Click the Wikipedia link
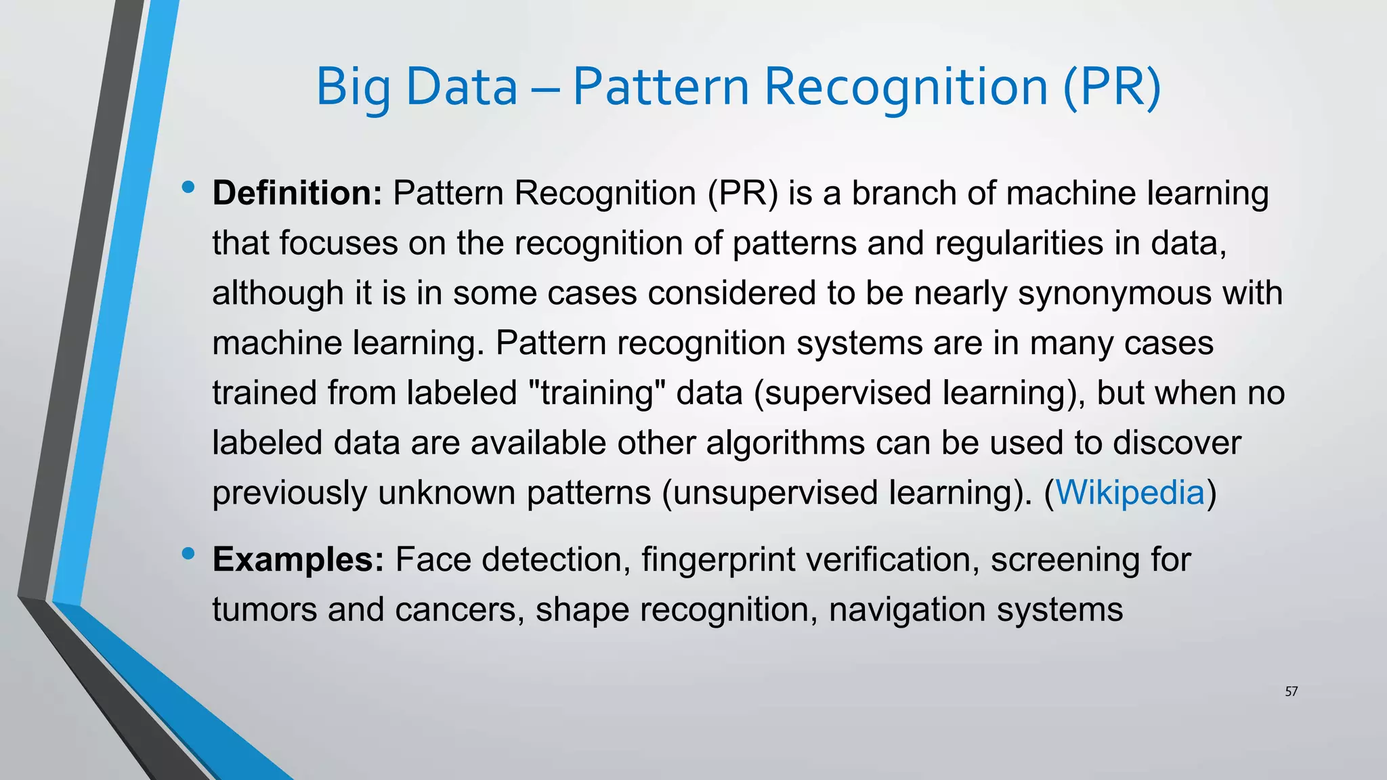pyautogui.click(x=1130, y=492)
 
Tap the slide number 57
pyautogui.click(x=1291, y=691)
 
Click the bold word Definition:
pyautogui.click(x=297, y=193)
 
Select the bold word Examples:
pyautogui.click(x=298, y=559)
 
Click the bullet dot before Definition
pyautogui.click(x=188, y=187)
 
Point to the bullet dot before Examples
pyautogui.click(x=188, y=554)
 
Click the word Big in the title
pyautogui.click(x=352, y=88)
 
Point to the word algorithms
pyautogui.click(x=785, y=443)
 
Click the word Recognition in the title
pyautogui.click(x=906, y=88)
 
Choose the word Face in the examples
pyautogui.click(x=433, y=559)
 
